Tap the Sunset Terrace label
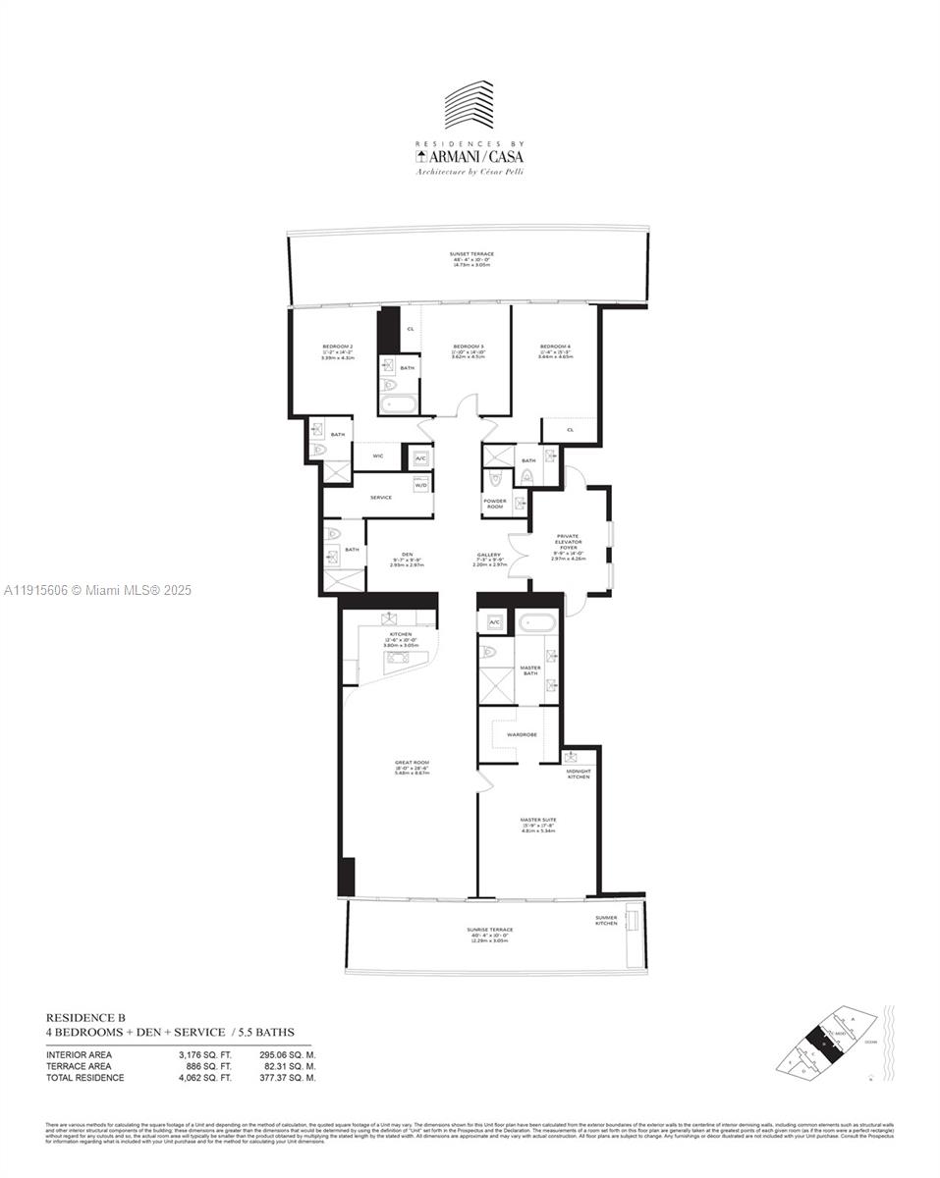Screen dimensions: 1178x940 click(x=471, y=254)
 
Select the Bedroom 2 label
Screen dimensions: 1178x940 click(x=337, y=347)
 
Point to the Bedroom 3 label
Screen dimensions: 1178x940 click(x=469, y=347)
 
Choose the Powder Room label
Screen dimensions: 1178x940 click(x=495, y=504)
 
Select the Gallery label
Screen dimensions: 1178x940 click(x=488, y=555)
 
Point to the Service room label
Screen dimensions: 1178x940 click(x=380, y=498)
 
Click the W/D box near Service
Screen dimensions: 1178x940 click(x=420, y=485)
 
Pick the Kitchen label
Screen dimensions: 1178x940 click(x=400, y=636)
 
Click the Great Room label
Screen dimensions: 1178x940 click(x=410, y=764)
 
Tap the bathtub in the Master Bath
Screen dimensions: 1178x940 click(x=535, y=621)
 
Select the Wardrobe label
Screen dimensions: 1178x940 click(x=521, y=734)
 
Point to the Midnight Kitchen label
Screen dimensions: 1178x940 click(x=579, y=774)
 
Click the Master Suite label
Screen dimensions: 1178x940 click(x=537, y=820)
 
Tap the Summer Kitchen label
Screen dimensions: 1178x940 click(x=606, y=921)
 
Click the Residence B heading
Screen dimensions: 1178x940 click(x=85, y=1018)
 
